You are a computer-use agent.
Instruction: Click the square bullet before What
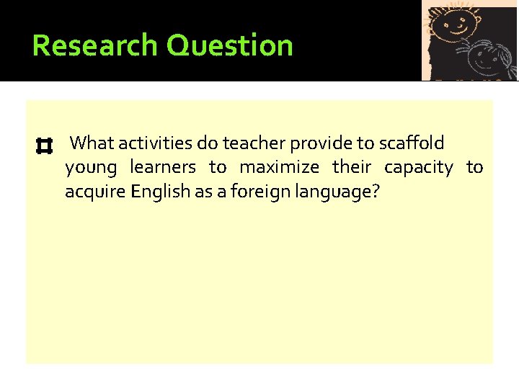43,147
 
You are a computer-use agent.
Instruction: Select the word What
94,143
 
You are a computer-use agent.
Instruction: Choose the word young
91,169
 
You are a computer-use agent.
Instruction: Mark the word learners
163,168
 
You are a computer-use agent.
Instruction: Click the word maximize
279,168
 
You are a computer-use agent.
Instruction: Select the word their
352,168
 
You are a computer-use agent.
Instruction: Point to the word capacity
419,169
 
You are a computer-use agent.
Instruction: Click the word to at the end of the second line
474,168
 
